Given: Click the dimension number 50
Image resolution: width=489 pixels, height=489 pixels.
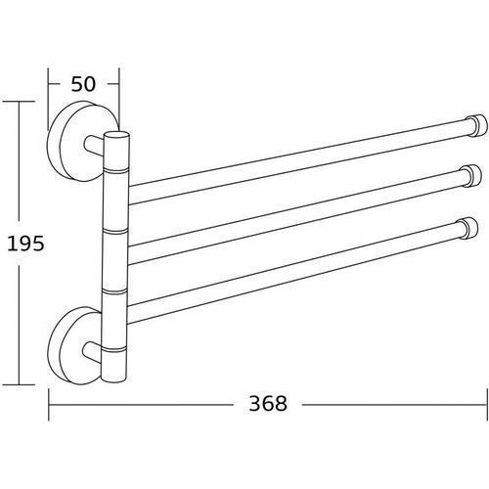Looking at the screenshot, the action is pos(83,84).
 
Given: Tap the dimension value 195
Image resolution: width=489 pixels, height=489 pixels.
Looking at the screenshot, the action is pos(25,244).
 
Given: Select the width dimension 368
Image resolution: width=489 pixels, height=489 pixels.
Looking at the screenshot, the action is pos(268,403).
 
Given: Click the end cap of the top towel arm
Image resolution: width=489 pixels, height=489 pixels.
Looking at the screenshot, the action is pos(477,125).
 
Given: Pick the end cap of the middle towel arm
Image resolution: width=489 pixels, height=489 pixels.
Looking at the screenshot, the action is pos(471,176).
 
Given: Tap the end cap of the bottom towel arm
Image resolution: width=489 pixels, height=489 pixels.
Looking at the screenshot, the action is pos(468,228).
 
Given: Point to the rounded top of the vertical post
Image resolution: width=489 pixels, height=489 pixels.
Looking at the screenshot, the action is pos(116,135).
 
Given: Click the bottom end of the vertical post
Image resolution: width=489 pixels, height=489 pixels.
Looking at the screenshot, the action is pos(113,378).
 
